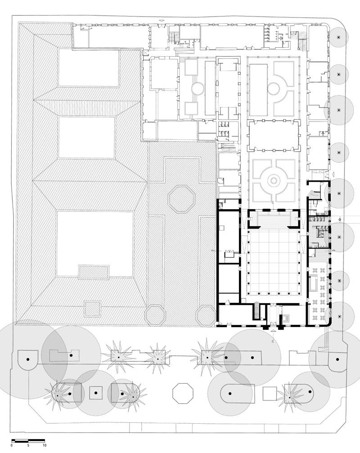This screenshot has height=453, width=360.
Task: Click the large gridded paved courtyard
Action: [273, 261]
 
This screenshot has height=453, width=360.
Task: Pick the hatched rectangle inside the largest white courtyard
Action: [94, 272]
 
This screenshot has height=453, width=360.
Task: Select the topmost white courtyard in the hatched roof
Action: [89, 68]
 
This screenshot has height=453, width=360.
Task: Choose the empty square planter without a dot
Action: [270, 393]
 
